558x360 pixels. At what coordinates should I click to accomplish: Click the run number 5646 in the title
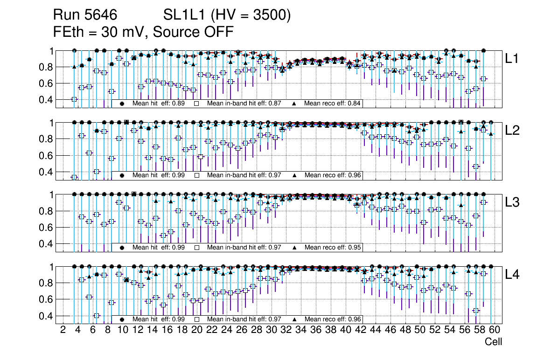pos(100,15)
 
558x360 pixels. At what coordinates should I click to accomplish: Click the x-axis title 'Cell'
pos(493,342)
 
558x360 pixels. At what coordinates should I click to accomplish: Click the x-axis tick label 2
pos(63,330)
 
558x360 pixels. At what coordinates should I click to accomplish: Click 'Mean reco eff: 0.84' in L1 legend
pos(332,104)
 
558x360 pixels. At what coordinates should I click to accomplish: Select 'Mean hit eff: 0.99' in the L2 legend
pos(158,175)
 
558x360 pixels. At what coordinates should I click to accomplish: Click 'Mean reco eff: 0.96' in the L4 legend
pos(332,319)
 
